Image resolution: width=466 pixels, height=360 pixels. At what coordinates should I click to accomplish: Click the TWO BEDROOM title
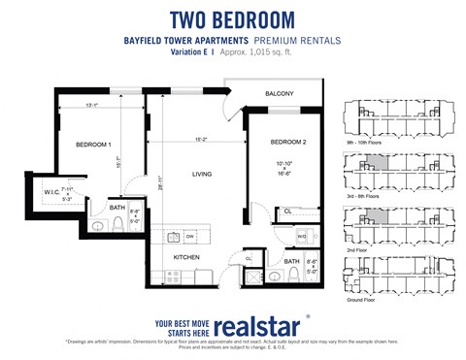click(x=233, y=19)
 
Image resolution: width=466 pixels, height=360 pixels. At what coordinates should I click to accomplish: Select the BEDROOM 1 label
click(x=94, y=145)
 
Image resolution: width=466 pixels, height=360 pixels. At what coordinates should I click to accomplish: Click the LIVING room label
click(x=201, y=175)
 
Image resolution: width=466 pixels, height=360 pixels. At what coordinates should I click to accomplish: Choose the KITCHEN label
click(x=186, y=256)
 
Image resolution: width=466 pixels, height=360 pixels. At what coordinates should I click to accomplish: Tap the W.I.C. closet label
click(x=51, y=192)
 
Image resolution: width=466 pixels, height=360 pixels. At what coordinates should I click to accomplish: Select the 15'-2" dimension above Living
click(x=202, y=139)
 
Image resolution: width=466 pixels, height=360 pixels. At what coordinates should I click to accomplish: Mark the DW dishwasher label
click(x=190, y=236)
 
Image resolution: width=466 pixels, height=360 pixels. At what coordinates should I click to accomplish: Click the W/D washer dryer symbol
click(x=301, y=236)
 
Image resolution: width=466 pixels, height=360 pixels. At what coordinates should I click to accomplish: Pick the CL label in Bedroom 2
click(x=287, y=211)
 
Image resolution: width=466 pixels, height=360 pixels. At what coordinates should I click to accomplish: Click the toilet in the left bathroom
click(x=116, y=224)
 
